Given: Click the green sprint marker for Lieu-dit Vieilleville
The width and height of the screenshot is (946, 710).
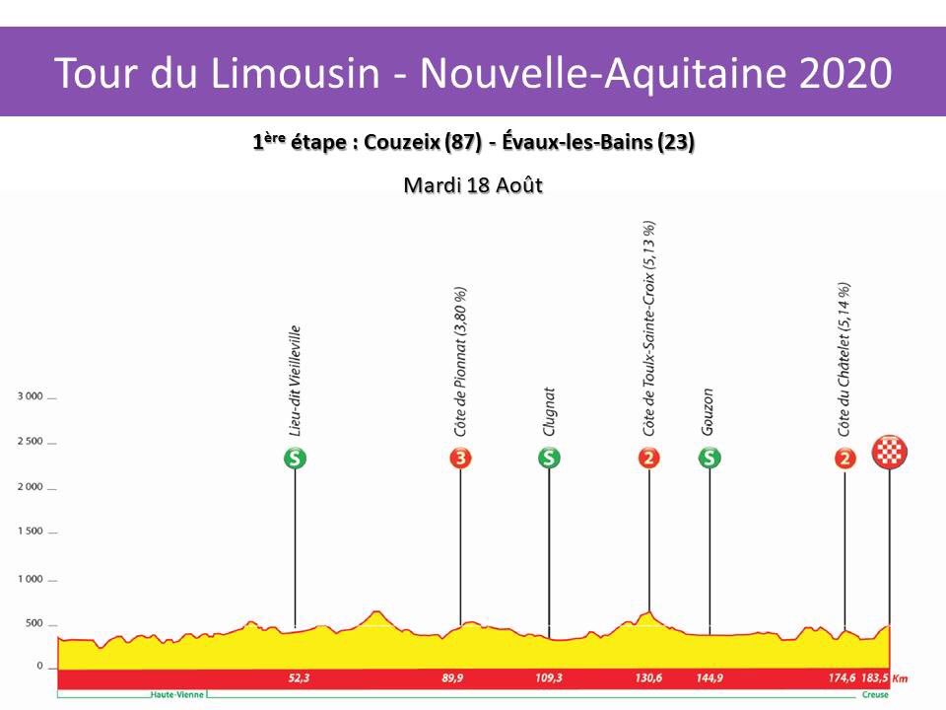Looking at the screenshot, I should (x=295, y=458).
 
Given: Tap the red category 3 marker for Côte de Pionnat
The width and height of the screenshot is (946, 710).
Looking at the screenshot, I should (x=460, y=458).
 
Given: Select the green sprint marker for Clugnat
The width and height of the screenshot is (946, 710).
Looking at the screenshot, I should (x=549, y=458).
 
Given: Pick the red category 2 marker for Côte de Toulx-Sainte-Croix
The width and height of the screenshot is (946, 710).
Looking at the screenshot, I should (x=649, y=458).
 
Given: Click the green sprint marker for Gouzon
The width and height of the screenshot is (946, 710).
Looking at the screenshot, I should (x=709, y=458).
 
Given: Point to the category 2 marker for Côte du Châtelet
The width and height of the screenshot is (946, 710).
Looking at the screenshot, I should (x=845, y=458).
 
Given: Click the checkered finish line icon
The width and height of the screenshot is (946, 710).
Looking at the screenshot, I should (x=891, y=453).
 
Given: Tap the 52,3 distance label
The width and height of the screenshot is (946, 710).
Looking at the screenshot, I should (x=295, y=678).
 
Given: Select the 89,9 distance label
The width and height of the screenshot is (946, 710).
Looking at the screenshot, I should (x=460, y=678).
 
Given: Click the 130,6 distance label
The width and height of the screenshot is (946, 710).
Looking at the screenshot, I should (x=648, y=678).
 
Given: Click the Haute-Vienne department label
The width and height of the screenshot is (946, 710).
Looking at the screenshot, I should (x=177, y=695).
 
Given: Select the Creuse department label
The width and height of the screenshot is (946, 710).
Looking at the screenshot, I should (x=873, y=695).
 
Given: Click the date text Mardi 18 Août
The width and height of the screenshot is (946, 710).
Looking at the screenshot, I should (x=473, y=184).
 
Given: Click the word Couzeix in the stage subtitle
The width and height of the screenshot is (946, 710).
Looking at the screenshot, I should (x=401, y=142).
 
